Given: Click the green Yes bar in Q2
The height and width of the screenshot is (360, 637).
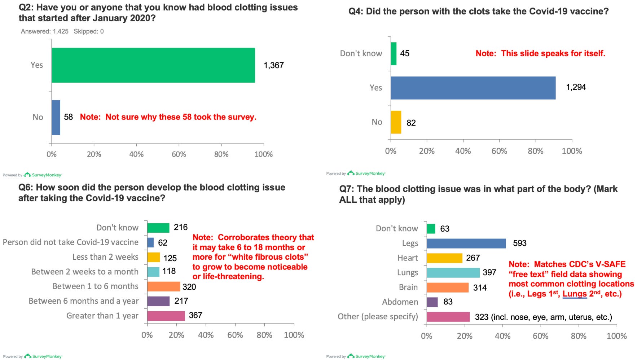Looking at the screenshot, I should coord(153,65).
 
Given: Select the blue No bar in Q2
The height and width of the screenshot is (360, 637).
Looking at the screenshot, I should coord(56,117).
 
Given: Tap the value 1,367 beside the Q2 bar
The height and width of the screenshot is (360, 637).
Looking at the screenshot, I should coord(274,65).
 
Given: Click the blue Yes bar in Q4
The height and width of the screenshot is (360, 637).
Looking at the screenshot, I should coord(473,88).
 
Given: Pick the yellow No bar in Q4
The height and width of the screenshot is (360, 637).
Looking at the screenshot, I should coord(396,122).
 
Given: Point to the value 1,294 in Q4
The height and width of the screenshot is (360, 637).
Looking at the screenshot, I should coord(576,87).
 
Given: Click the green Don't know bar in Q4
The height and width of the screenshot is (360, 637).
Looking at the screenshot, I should coord(394,54).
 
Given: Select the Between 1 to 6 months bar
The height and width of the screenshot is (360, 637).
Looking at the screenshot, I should coord(163,286).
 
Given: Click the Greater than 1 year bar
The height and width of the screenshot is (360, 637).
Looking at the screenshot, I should coord(166,316).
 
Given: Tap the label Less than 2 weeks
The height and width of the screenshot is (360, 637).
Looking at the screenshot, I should coord(105,257).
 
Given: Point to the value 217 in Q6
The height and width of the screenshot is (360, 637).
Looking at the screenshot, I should coord(181,301).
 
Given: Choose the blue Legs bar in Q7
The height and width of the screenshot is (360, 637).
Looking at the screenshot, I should coord(466,243).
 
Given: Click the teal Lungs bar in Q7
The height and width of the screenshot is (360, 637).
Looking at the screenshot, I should coord(453,273).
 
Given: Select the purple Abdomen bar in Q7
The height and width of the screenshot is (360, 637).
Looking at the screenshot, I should coord(432,302).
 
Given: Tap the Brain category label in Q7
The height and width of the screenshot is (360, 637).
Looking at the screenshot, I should coord(408,287).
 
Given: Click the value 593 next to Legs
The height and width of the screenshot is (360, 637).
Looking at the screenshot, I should coord(519,243).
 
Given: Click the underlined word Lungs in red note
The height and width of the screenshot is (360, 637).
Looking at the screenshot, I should coord(575,294).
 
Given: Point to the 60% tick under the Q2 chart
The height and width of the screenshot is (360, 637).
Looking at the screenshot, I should coord(179,154).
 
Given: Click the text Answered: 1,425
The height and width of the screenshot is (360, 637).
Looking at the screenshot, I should coord(44,31).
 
